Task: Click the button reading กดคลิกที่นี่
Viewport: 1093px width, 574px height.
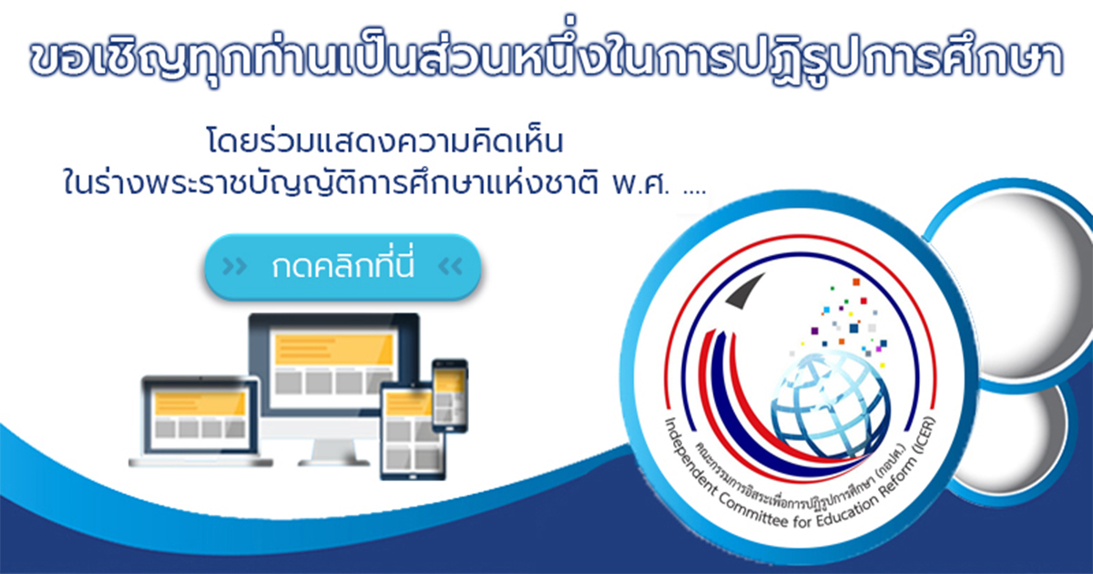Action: pyautogui.click(x=342, y=266)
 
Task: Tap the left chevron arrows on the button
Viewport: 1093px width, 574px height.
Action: pyautogui.click(x=234, y=267)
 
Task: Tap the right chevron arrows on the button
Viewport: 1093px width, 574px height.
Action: pyautogui.click(x=450, y=266)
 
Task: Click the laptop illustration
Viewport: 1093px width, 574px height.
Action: pyautogui.click(x=200, y=421)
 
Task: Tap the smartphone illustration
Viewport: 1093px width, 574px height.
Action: pyautogui.click(x=450, y=395)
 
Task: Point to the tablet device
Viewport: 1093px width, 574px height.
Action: pyautogui.click(x=413, y=432)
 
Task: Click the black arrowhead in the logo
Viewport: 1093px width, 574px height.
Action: pyautogui.click(x=745, y=292)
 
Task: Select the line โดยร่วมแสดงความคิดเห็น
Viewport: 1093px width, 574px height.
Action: pyautogui.click(x=385, y=141)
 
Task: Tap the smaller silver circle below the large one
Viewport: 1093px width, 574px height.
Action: pyautogui.click(x=1015, y=439)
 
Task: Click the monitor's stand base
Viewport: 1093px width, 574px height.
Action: pyautogui.click(x=333, y=462)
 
